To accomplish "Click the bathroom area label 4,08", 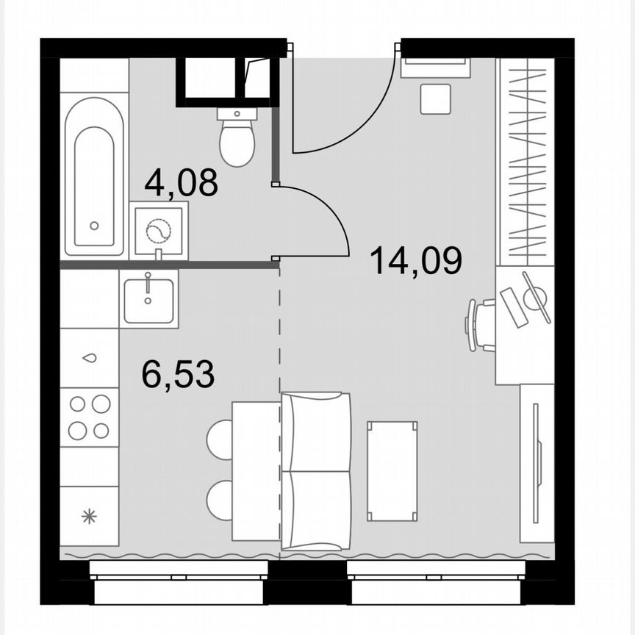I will click(181, 182).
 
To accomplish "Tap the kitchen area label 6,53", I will click(178, 375).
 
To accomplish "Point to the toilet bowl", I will click(237, 142).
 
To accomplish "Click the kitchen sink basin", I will click(148, 298).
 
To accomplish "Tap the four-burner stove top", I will click(89, 417).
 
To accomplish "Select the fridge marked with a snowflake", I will click(89, 516).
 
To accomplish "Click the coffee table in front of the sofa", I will click(392, 470).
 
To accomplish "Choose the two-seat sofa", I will click(316, 470).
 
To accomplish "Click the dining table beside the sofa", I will click(256, 470).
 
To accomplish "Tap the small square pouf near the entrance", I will click(435, 98).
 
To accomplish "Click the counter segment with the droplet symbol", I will click(89, 358).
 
